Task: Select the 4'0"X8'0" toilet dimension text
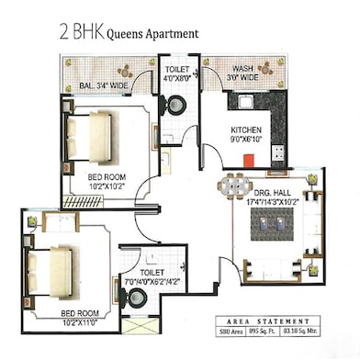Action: click(x=176, y=78)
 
